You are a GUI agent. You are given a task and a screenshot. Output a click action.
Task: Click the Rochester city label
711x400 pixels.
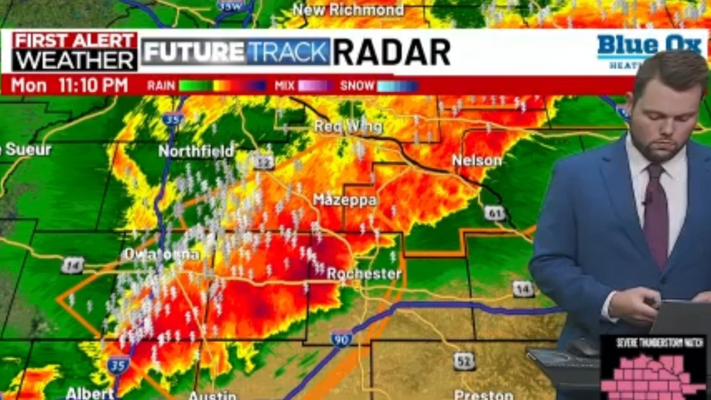tap(364, 274)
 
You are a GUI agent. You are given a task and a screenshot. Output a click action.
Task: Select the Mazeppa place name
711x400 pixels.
tap(344, 200)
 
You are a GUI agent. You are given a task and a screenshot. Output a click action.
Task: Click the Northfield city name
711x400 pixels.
tap(196, 151)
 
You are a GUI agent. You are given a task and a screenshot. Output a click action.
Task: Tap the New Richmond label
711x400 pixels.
tap(348, 9)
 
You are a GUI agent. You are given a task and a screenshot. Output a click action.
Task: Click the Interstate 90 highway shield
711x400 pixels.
tap(342, 338)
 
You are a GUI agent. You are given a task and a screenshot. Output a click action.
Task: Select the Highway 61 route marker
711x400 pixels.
tap(494, 213)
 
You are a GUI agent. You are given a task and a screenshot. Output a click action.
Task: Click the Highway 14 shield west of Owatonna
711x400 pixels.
tap(72, 265)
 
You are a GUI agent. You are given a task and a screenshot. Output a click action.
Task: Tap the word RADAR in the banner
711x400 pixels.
tap(391, 53)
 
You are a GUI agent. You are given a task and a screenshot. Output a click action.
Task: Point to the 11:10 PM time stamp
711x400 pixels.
tap(93, 85)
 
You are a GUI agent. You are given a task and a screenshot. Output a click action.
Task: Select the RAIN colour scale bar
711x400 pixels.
tap(222, 86)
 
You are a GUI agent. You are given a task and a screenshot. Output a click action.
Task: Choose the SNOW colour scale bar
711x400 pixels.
tap(398, 86)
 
